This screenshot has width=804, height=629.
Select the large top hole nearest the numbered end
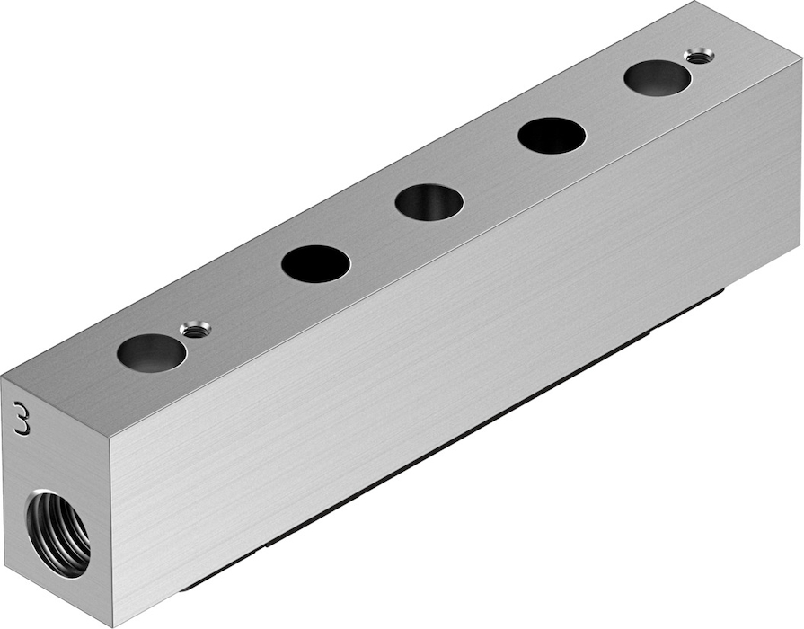click(x=151, y=352)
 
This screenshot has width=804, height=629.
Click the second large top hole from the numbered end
click(x=316, y=263)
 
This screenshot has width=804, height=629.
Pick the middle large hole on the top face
click(x=429, y=202)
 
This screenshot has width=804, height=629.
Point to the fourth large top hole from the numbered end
click(x=552, y=136)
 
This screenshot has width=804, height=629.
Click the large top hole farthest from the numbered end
click(x=658, y=78)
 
